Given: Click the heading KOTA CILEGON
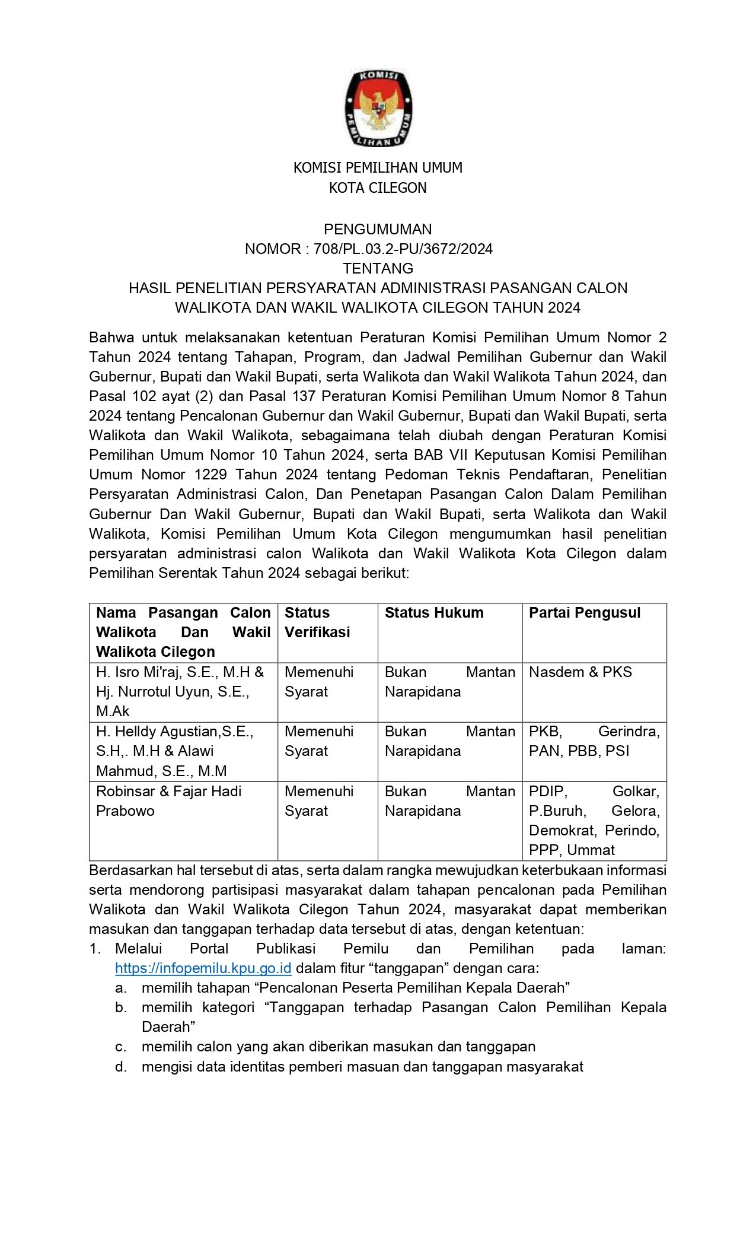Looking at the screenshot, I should tap(378, 188).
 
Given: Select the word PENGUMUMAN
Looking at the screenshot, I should tap(378, 229).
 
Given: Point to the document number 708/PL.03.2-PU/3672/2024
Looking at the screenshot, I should tap(403, 249).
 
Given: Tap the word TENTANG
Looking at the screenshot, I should tap(378, 268).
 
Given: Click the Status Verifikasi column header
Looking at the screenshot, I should tap(317, 622).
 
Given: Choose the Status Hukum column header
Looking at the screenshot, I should tap(434, 613).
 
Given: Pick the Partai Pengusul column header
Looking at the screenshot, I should tap(585, 613).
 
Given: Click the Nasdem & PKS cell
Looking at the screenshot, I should tap(580, 672).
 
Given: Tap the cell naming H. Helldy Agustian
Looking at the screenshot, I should tap(174, 751).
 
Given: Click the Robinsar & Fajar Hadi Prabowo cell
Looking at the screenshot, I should tap(168, 801).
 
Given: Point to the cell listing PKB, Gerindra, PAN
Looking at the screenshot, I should tap(594, 741).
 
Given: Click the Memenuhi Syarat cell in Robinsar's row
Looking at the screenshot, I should tap(319, 801).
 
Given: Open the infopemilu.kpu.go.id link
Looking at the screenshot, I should tap(203, 968).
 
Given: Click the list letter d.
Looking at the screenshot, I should tap(121, 1067).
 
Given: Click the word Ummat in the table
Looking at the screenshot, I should tap(591, 850).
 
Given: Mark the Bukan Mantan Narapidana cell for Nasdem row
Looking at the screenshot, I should tap(449, 682).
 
